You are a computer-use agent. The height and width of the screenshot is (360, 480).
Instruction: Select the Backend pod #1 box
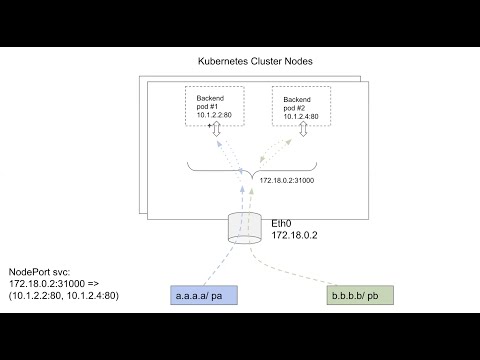(214, 105)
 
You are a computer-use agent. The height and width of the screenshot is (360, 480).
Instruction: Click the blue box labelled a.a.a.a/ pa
(201, 297)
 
